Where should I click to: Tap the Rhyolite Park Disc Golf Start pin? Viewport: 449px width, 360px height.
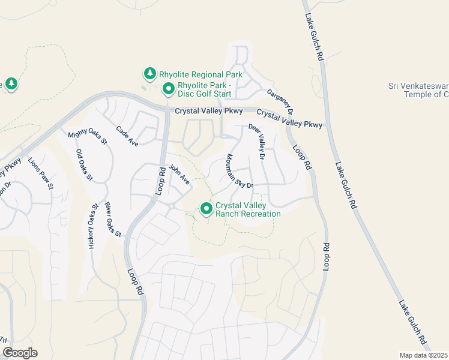pyautogui.click(x=169, y=89)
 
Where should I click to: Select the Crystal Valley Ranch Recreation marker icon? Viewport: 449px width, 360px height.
pyautogui.click(x=206, y=209)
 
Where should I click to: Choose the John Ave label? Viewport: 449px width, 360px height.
pyautogui.click(x=179, y=175)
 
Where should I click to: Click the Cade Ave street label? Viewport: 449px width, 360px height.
pyautogui.click(x=127, y=136)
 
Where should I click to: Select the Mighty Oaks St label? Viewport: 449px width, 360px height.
pyautogui.click(x=87, y=139)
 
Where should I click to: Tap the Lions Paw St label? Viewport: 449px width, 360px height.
pyautogui.click(x=41, y=174)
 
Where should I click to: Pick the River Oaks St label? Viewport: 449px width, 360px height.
pyautogui.click(x=113, y=220)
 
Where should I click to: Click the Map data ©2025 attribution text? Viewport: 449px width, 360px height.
pyautogui.click(x=424, y=355)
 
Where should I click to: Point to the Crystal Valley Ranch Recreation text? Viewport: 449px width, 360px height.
pyautogui.click(x=248, y=209)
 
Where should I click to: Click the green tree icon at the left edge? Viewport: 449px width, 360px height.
pyautogui.click(x=10, y=83)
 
